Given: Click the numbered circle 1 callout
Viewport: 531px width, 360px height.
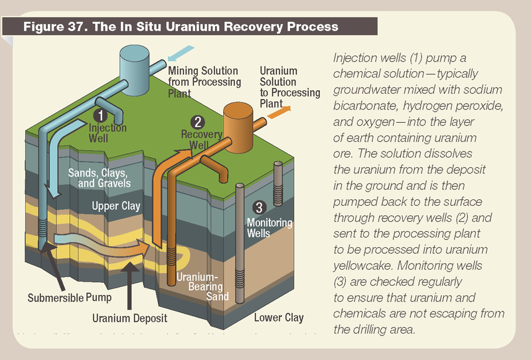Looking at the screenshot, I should point(98,114).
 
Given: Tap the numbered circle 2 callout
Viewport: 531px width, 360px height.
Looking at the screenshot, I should point(197,122).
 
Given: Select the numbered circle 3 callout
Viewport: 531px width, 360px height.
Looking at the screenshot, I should point(260,207).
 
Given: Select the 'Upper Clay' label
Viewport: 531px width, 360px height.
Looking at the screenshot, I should point(116,206).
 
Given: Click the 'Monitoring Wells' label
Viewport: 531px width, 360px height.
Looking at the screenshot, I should point(269,228).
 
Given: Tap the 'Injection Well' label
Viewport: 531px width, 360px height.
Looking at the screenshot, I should point(107,133).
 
